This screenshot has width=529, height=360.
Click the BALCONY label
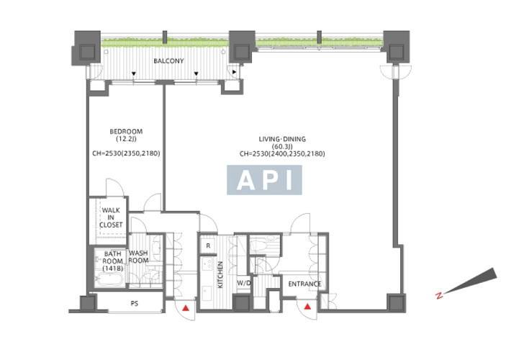click(168, 61)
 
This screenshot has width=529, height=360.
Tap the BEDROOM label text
click(126, 131)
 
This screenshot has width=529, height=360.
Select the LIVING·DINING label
click(282, 139)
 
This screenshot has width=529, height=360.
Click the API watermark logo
click(264, 180)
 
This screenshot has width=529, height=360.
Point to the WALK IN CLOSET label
click(111, 217)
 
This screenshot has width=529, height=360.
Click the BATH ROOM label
click(113, 261)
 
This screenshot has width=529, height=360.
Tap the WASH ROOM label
click(138, 257)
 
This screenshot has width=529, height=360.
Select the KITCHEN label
click(220, 274)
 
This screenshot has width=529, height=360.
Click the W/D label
click(243, 284)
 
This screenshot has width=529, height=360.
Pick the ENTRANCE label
click(304, 284)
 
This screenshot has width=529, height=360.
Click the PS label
click(135, 304)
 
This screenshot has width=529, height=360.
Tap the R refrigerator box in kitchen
click(208, 246)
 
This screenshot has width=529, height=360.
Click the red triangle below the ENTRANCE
click(307, 307)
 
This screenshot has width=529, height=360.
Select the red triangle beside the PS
click(186, 308)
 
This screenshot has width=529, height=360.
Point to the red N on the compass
click(439, 296)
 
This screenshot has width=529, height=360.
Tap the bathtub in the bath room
click(108, 279)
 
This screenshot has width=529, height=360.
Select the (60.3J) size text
click(282, 146)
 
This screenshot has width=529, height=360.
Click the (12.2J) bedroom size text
click(126, 139)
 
